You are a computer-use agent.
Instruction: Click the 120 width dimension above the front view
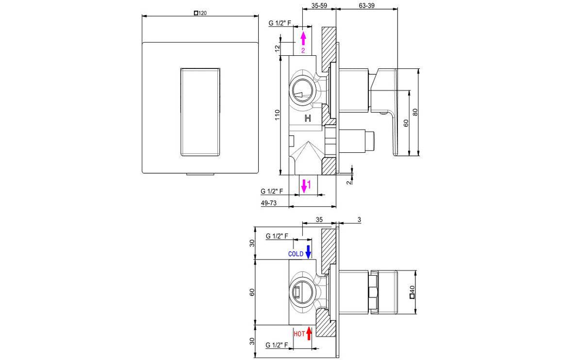coord(200,14)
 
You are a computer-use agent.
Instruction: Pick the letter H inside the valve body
coord(307,118)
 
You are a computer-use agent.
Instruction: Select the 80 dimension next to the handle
coord(415,112)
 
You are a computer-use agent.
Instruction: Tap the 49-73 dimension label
coord(268,203)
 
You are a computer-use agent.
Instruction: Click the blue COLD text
coord(296,253)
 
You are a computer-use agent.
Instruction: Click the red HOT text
coord(299,334)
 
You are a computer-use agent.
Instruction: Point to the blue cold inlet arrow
coord(308,251)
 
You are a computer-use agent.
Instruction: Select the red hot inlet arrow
coord(309,333)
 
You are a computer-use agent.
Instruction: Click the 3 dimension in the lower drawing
coord(359,220)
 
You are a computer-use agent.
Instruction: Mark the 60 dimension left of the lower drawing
coord(251,293)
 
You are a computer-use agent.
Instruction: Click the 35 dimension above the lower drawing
coord(319,220)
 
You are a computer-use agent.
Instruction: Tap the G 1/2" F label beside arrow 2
coord(279,23)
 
